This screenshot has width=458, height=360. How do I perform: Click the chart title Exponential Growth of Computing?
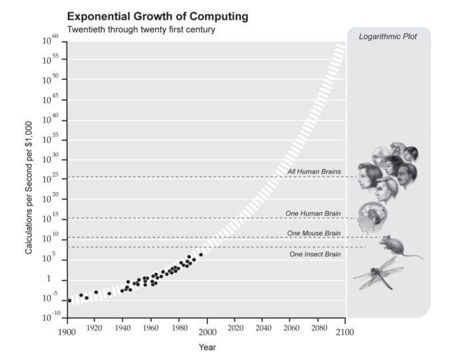point(158,15)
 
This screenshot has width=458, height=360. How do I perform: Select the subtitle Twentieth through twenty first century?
point(141,30)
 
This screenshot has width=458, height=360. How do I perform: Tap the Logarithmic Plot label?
point(388,37)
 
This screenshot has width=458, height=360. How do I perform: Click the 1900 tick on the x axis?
point(67,331)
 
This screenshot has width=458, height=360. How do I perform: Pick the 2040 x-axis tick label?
point(263,331)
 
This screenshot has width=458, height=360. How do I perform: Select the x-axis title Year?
point(207,347)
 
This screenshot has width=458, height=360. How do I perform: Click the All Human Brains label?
point(314,172)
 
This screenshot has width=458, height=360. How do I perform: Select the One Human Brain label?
point(313,214)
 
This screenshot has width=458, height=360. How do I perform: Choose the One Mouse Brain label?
point(314,233)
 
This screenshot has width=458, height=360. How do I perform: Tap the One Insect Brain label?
point(315,254)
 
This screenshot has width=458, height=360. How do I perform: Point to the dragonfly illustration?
point(377,273)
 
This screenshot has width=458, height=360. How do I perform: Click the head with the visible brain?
point(370,216)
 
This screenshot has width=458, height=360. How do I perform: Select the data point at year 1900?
point(69,301)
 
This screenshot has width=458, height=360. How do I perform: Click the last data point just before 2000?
point(201,254)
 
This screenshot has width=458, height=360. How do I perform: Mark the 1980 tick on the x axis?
point(179,331)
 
